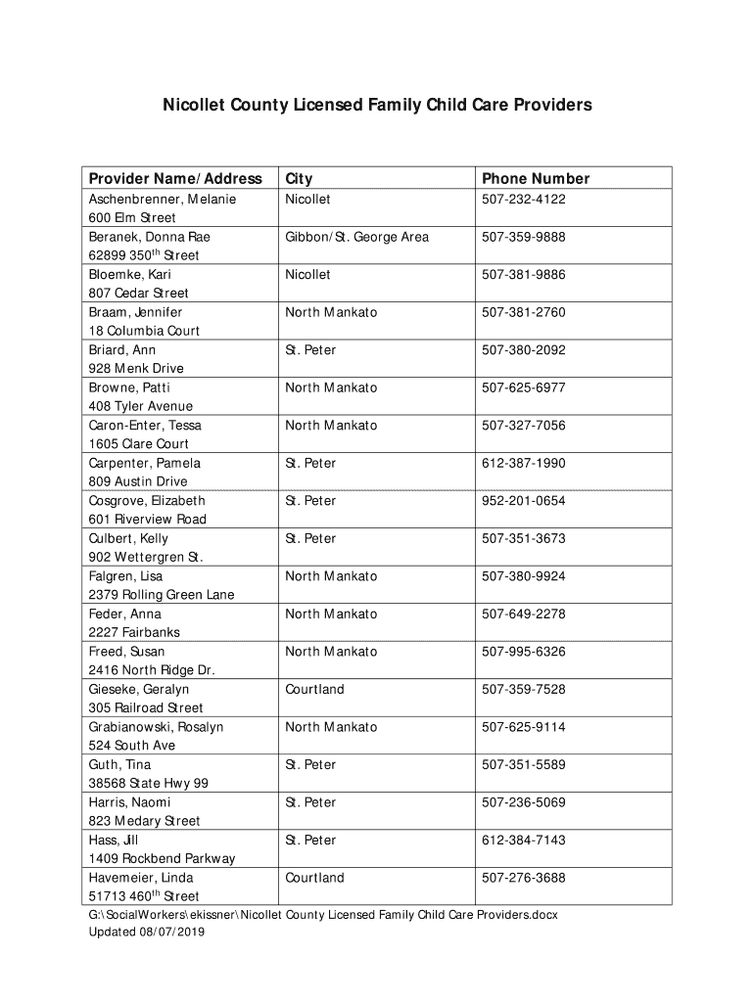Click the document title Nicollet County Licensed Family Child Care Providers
tap(377, 104)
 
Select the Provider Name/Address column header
tap(175, 178)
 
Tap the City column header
tap(299, 178)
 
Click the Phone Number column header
tap(535, 178)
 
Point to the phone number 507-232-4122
tap(523, 200)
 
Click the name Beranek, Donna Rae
tap(149, 237)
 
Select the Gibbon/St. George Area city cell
tap(356, 237)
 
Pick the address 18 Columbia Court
tap(144, 331)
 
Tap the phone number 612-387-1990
tap(523, 463)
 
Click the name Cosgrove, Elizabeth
tap(147, 501)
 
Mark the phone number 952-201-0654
tap(523, 501)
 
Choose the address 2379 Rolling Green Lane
tap(162, 595)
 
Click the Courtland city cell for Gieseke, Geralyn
tap(314, 690)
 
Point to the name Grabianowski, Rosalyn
tap(156, 727)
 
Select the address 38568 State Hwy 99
tap(148, 784)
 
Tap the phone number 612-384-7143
tap(523, 841)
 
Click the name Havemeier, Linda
tap(141, 878)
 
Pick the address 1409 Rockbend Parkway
tap(162, 859)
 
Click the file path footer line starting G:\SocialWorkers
tap(323, 915)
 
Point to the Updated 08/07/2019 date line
tap(147, 933)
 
